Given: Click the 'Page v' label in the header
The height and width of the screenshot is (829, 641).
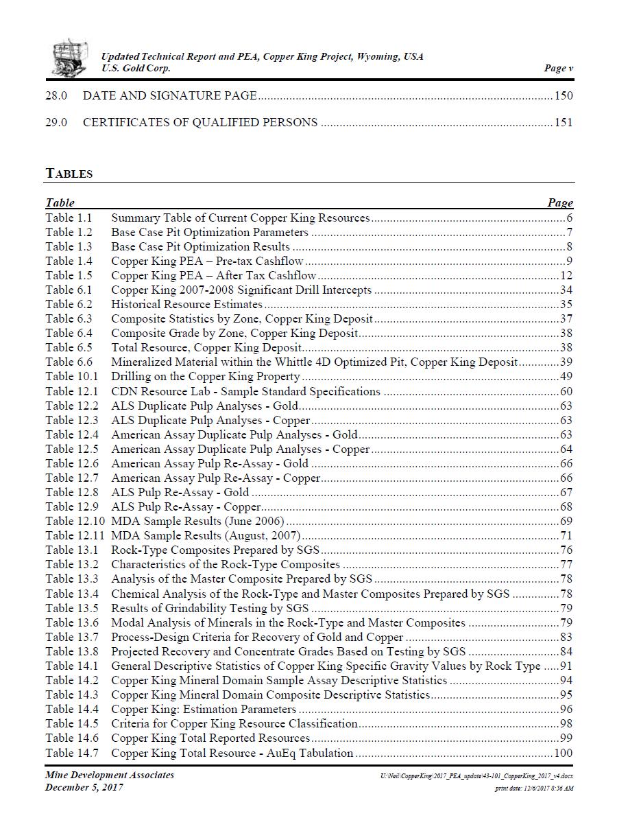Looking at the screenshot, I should click(559, 68).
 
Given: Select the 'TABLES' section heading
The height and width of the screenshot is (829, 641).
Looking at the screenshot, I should click(69, 174).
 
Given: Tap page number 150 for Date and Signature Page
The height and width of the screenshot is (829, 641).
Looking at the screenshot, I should click(564, 95).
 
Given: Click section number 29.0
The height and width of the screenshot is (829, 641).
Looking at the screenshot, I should click(56, 122).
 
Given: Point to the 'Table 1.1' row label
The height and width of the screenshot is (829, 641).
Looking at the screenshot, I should click(69, 218).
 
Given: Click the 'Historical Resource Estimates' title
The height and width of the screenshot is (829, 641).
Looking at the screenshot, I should click(186, 304).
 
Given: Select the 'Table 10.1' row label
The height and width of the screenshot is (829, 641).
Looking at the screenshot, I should click(71, 376).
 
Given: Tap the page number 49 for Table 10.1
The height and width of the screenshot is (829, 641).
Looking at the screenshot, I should click(566, 376).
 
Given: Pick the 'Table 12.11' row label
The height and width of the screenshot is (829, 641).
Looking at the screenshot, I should click(75, 535).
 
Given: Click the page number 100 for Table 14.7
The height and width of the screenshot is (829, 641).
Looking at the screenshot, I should click(564, 753).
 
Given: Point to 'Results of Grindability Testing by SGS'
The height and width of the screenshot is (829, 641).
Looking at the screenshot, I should click(210, 608).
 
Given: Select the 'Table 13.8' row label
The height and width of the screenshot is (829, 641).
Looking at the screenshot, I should click(71, 651).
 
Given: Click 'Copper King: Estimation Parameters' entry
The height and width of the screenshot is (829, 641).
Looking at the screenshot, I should click(204, 709).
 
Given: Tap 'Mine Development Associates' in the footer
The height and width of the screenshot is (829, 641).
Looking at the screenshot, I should click(110, 775).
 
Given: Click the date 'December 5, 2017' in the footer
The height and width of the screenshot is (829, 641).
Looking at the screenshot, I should click(84, 787).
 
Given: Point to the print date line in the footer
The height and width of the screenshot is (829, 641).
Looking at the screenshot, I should click(534, 788).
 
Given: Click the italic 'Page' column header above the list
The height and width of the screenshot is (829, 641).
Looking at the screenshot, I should click(560, 202).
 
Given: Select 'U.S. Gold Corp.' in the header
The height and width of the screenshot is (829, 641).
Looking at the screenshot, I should click(136, 68).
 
